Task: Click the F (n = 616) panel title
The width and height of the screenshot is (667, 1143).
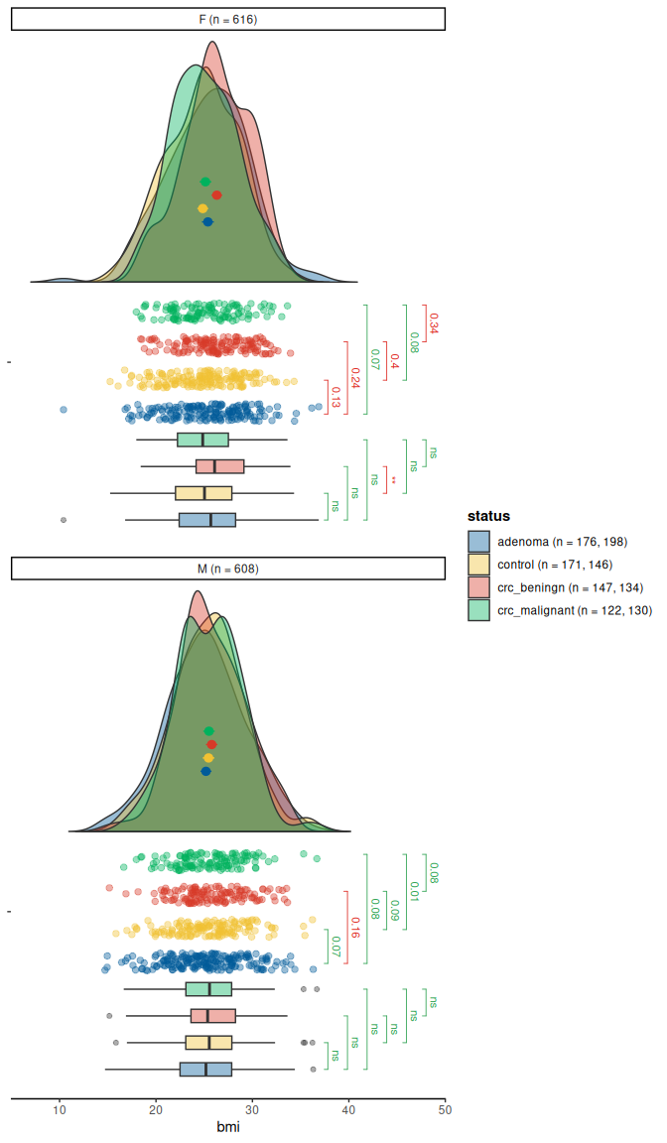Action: coord(227,20)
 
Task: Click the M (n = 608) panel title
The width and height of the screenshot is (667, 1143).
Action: coord(227,569)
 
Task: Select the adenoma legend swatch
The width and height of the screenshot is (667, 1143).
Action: coord(480,542)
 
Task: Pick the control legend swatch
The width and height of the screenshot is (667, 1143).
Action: coord(480,565)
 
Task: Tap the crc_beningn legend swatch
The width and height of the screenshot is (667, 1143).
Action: coord(480,587)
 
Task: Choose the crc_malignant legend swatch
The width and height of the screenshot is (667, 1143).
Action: coord(480,610)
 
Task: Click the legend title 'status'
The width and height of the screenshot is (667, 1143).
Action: coord(488,516)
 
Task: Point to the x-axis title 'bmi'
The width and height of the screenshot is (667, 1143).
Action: coord(228,1127)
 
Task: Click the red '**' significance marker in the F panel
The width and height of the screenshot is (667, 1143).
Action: coord(393,480)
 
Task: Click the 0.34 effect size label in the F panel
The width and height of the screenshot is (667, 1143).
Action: coord(433,322)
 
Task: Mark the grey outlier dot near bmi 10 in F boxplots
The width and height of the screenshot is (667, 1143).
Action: coord(64,520)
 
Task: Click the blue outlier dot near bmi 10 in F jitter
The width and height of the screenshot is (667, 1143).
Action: coord(64,409)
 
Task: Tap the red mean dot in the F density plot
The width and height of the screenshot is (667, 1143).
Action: coord(216,195)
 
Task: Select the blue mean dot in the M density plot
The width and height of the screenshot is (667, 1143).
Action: coord(205,771)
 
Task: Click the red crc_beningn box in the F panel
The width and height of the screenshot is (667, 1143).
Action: coord(220,466)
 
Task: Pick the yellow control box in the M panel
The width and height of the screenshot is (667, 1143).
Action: coord(208,1043)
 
